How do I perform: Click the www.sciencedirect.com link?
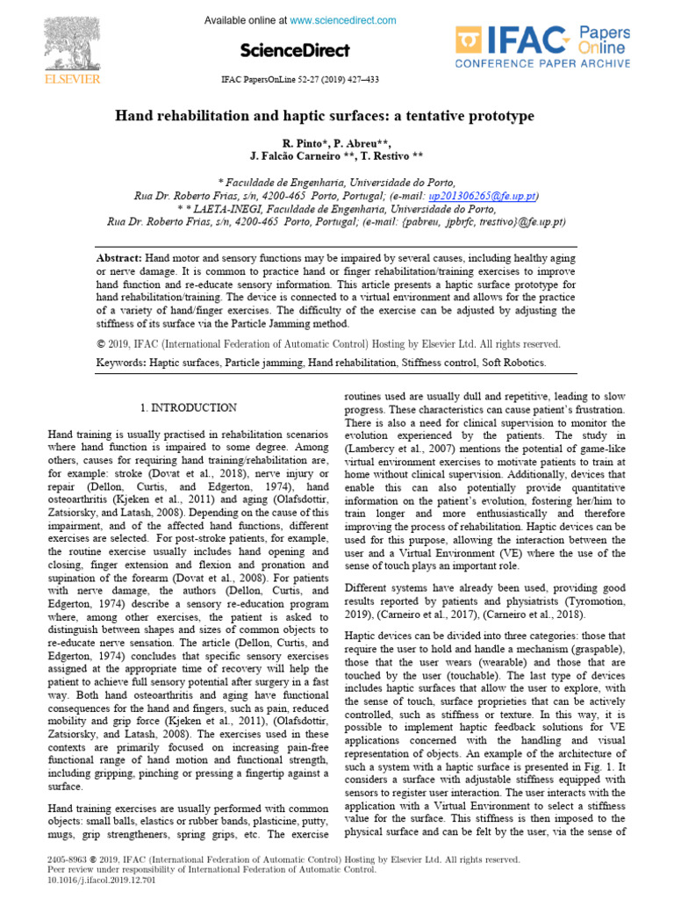343,20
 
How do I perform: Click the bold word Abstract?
118,258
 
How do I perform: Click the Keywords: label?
120,362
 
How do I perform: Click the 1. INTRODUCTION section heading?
188,407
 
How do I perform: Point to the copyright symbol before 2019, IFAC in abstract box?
100,344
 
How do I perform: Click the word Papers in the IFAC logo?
604,32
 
